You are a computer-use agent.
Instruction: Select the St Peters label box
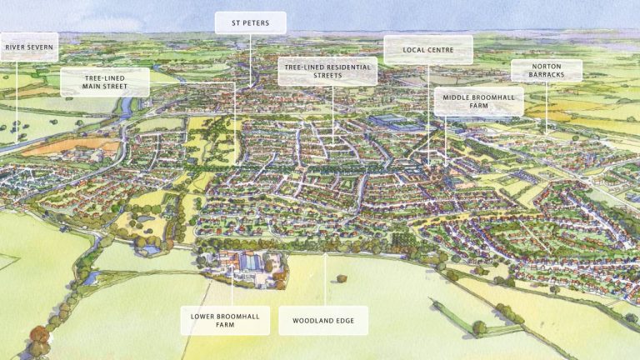pos(250,22)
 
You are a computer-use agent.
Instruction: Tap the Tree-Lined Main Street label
pos(104,81)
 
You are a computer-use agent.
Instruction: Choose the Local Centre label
pos(427,49)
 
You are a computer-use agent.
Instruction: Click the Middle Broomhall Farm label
pos(478,102)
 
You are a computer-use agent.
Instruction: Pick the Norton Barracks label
pos(546,71)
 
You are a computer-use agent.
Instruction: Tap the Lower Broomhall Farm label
pos(225,320)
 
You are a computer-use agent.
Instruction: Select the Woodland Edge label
pos(322,320)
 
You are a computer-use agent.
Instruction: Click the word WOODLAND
pos(312,320)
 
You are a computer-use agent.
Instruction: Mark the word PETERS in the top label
pos(257,22)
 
